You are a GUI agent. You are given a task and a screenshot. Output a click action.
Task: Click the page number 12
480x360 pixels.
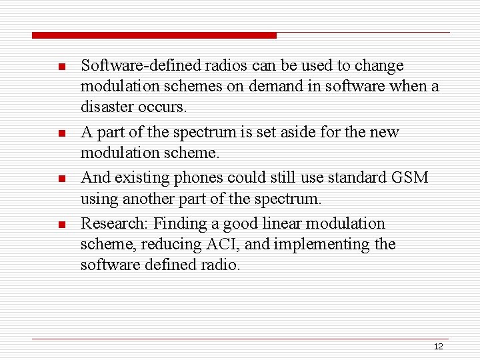tap(438, 347)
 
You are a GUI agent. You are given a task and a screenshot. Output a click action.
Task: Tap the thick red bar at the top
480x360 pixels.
tap(154, 35)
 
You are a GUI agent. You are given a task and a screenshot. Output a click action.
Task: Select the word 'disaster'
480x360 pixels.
tap(103, 107)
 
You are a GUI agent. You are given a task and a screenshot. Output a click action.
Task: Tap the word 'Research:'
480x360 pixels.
tap(109, 223)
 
